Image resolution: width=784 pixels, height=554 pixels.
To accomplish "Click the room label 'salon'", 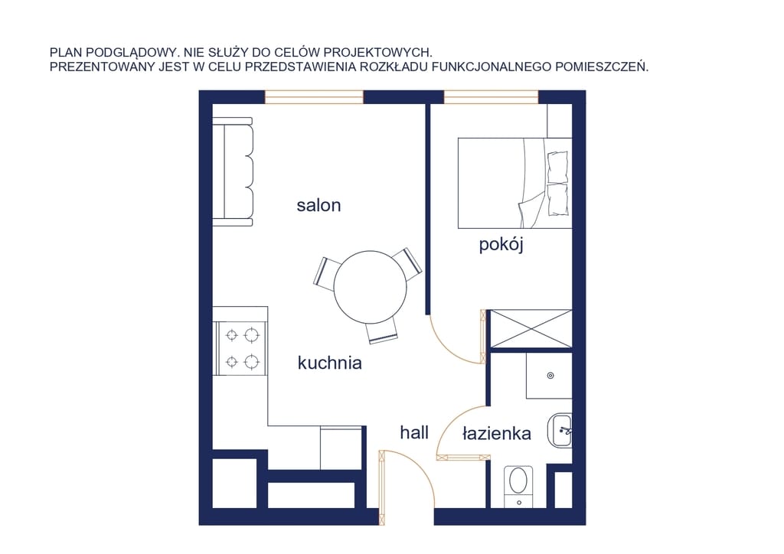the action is point(318,205).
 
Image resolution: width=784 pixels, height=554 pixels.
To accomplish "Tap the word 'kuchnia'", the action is point(329,363).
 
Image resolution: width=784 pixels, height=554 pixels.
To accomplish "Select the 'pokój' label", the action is point(501,246).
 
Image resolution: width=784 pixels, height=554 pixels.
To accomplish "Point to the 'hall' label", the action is point(414,432).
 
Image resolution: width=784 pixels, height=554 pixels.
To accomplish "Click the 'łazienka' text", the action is point(496,433).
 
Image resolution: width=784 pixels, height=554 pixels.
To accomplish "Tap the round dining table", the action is point(370,287).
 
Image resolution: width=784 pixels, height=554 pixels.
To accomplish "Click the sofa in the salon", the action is point(233,172).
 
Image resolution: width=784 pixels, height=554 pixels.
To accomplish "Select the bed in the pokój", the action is point(515,184).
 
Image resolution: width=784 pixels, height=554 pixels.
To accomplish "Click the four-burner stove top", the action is point(241,348).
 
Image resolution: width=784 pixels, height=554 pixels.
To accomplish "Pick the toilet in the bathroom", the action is point(518,487).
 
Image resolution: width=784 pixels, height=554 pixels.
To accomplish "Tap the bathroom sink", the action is point(560,430).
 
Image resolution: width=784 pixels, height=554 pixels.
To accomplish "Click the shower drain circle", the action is point(550,376).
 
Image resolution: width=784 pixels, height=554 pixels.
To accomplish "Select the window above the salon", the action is point(314,97).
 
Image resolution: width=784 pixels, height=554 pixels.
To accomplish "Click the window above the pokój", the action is point(491,97).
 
